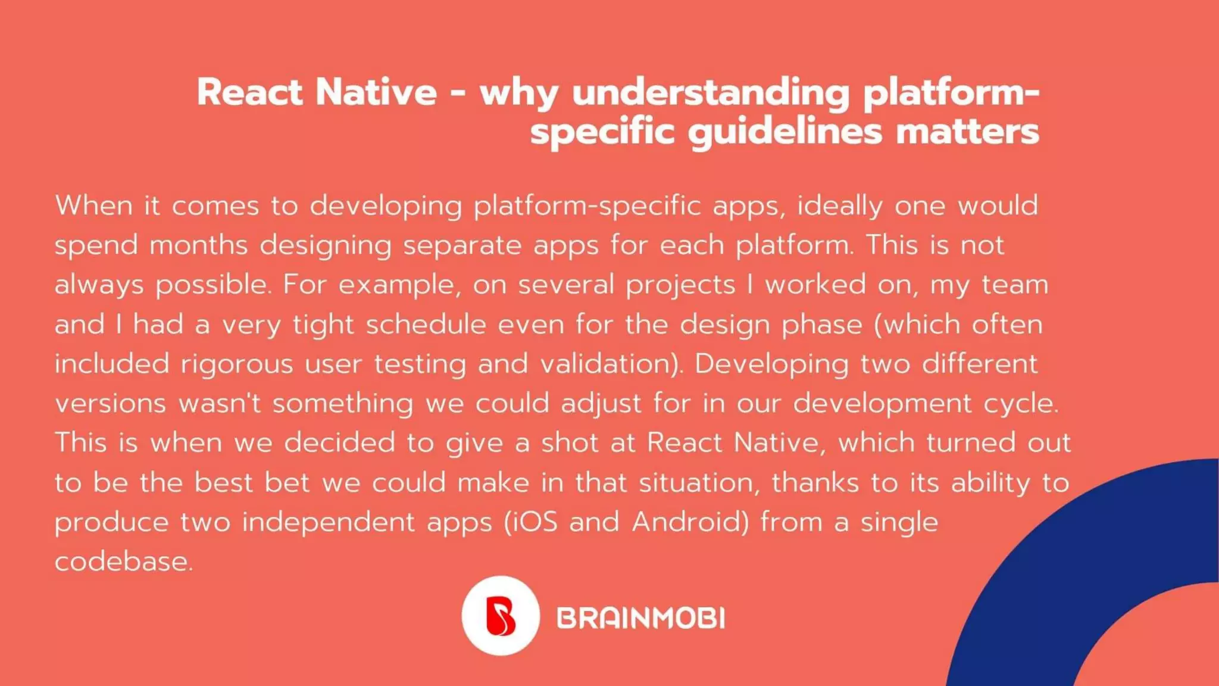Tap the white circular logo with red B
tap(501, 616)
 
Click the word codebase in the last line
tap(123, 562)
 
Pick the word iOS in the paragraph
tap(533, 522)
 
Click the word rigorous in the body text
tap(237, 364)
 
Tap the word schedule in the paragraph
tap(426, 325)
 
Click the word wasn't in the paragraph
tap(220, 403)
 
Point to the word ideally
tap(840, 206)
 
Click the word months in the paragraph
tap(198, 245)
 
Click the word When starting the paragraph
tap(94, 206)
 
